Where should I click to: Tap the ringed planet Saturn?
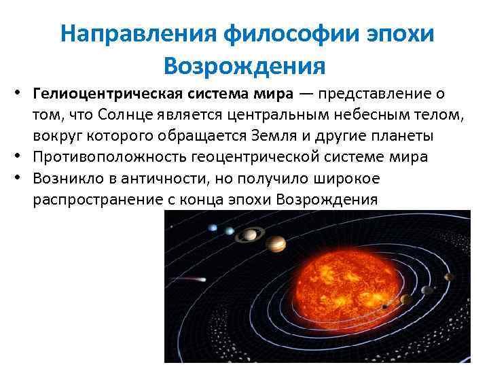(x=251, y=234)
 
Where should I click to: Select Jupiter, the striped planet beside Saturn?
(x=276, y=243)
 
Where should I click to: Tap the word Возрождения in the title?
(x=245, y=66)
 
